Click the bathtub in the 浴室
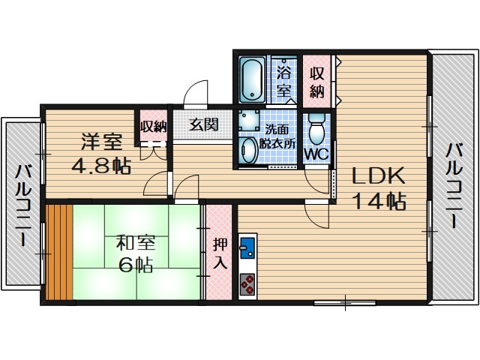(251, 79)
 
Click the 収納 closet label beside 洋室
(153, 126)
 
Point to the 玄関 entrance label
(203, 125)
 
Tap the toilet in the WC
(316, 128)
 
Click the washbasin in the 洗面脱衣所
(248, 149)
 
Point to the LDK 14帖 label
(379, 188)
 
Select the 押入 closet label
(219, 253)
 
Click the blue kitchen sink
(247, 248)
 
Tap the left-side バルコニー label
(22, 206)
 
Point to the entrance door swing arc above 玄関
(196, 93)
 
